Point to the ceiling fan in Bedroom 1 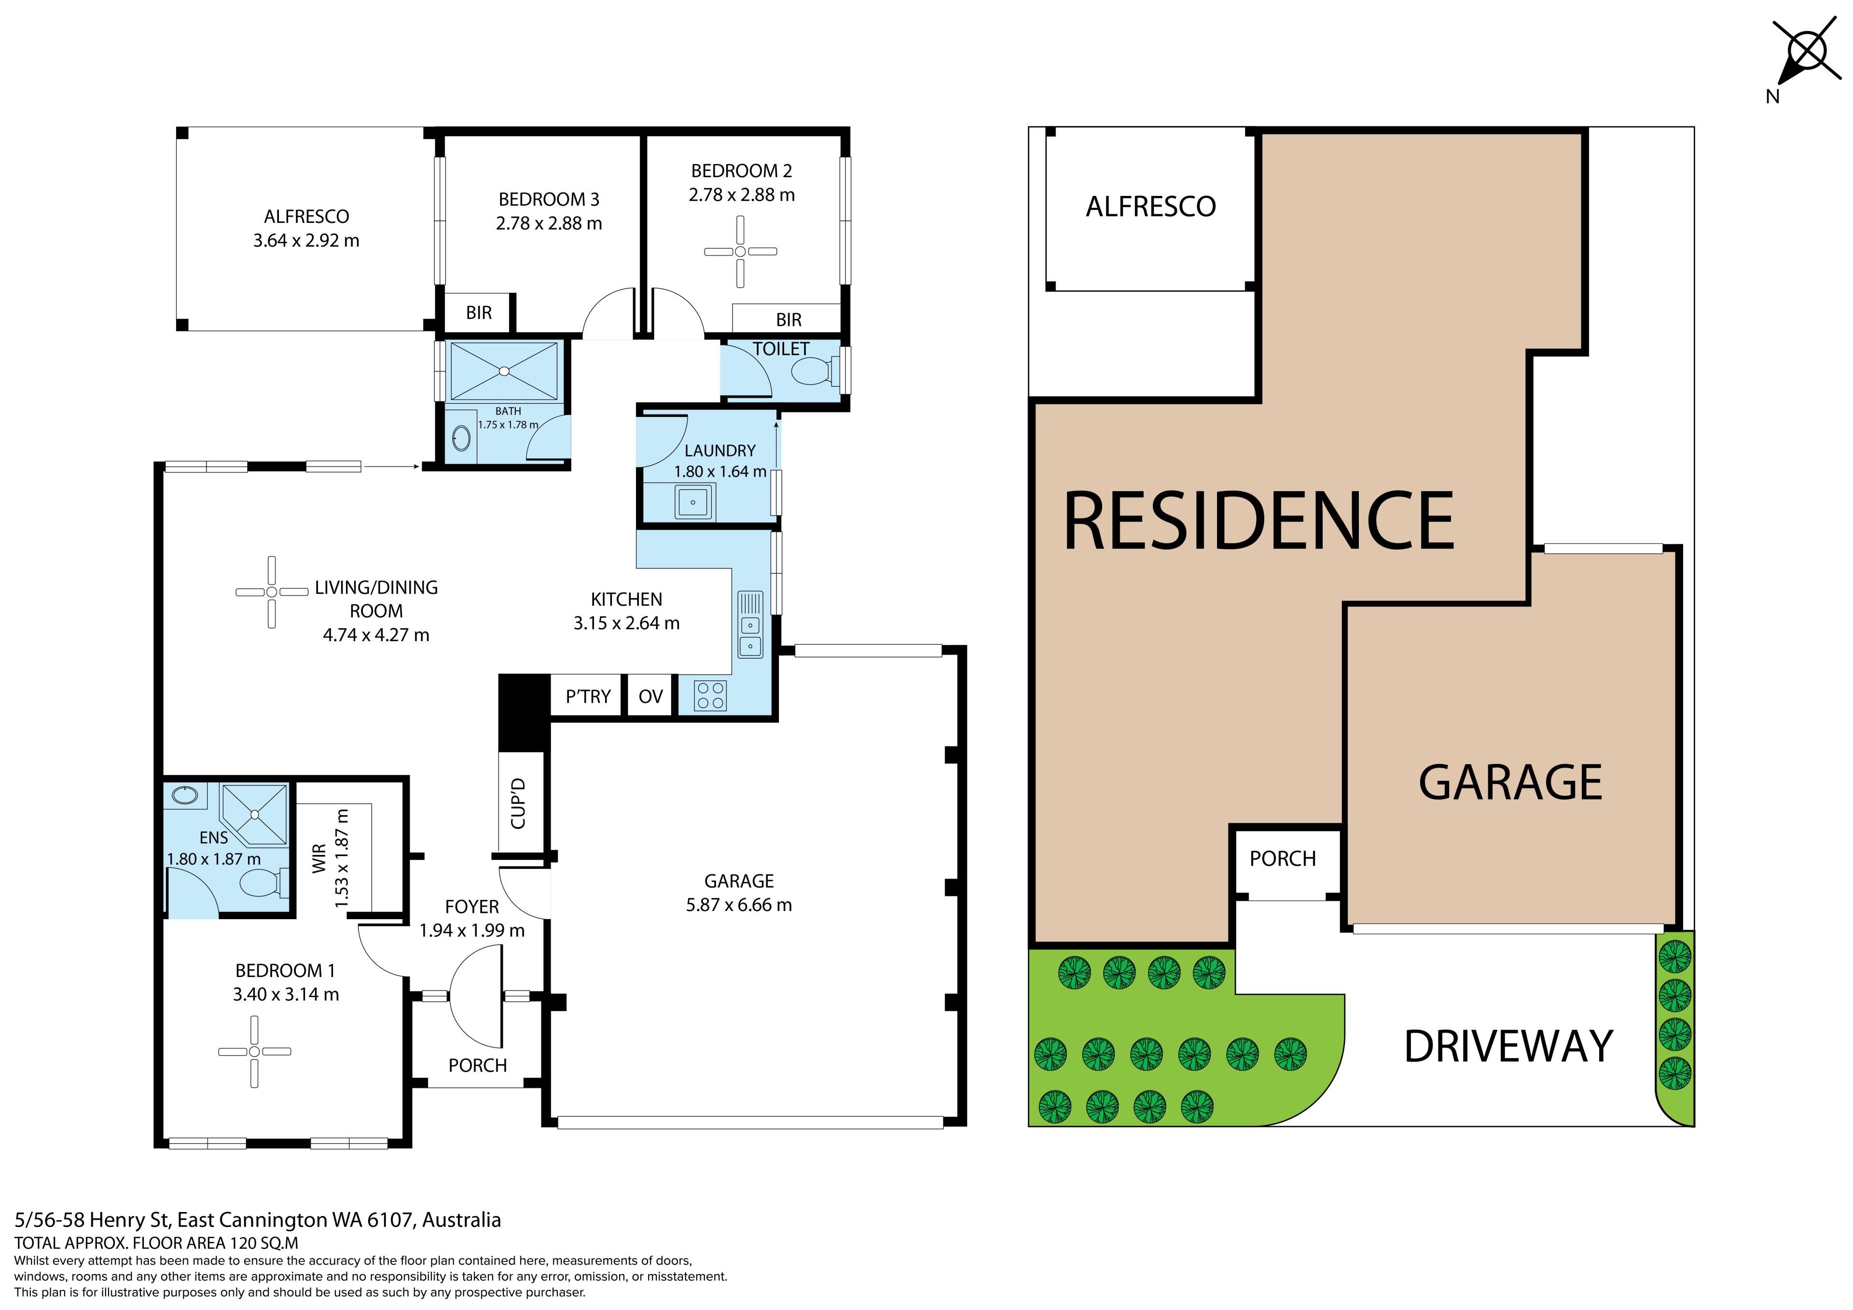coord(254,1051)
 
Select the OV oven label coord(650,697)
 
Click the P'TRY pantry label coord(588,697)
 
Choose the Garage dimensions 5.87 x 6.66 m coord(739,905)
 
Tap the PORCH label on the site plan coord(1283,859)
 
